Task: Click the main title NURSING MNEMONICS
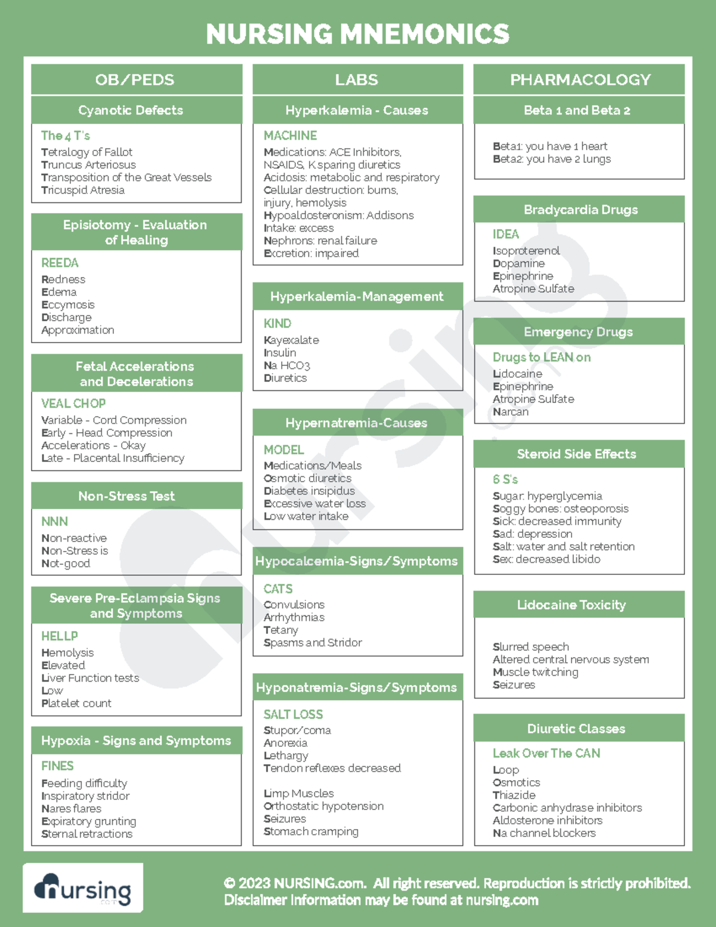tap(357, 34)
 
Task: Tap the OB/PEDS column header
tap(135, 79)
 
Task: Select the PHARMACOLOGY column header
tap(580, 79)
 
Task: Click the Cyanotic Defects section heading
tap(131, 110)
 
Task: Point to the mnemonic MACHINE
tap(290, 135)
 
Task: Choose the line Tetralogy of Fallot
tap(87, 152)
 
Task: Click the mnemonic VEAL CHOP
tap(73, 404)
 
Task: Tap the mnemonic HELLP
tap(60, 636)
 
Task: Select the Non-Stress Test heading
tap(126, 496)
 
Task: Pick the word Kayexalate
tap(291, 340)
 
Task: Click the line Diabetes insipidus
tap(309, 491)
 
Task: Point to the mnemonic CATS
tap(278, 589)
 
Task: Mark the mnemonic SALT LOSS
tap(293, 715)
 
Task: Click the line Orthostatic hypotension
tap(323, 806)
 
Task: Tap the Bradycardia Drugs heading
tap(581, 210)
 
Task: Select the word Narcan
tap(511, 412)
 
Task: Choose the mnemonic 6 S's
tap(505, 479)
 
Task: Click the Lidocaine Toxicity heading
tap(571, 605)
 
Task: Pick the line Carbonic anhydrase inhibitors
tap(567, 808)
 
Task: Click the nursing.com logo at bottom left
tap(83, 888)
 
